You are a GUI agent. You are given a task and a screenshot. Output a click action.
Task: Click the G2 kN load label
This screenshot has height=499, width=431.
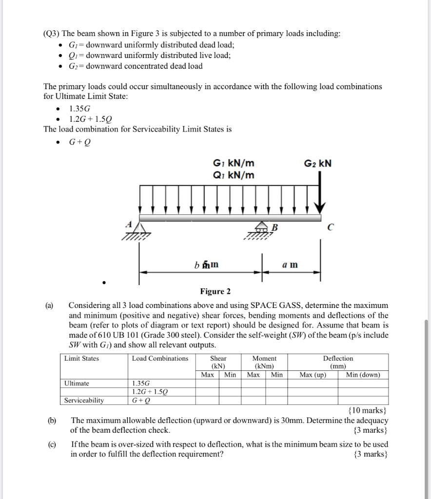(x=318, y=163)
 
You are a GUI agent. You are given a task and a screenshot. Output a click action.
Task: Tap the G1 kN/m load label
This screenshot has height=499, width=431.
(x=234, y=163)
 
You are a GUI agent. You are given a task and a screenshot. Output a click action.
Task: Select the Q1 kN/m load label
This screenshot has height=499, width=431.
(x=234, y=175)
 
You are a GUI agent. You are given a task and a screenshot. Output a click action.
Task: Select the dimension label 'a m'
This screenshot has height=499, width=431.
(x=291, y=265)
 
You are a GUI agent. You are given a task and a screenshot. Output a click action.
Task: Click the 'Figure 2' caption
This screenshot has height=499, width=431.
(x=215, y=291)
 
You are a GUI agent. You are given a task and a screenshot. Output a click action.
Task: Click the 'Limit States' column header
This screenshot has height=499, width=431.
(x=81, y=359)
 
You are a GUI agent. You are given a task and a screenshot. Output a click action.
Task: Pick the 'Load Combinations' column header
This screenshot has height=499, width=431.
(x=160, y=359)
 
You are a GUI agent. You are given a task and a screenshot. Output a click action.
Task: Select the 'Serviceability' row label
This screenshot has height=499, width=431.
(x=84, y=400)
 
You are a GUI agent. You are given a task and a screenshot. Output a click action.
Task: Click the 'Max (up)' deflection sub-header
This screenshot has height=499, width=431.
(x=313, y=375)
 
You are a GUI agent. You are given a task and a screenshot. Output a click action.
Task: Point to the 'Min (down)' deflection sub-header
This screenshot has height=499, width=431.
(x=363, y=375)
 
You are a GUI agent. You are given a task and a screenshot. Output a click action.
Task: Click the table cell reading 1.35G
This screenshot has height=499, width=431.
(x=142, y=383)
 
